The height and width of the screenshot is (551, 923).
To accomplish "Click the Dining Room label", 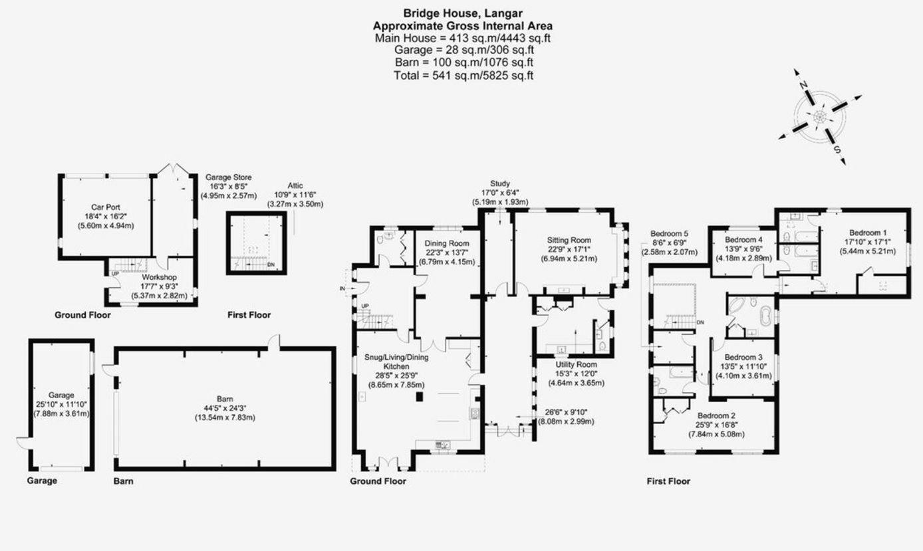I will coord(447,244).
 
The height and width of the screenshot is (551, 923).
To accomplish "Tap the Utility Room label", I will coord(577,364).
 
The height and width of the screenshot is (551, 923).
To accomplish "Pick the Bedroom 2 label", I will coord(716,415).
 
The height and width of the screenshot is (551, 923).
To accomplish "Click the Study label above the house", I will coord(499,183).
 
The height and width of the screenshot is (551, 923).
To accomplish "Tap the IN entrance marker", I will coord(342,288).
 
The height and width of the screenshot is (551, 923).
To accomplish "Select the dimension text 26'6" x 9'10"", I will coord(565,412).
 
